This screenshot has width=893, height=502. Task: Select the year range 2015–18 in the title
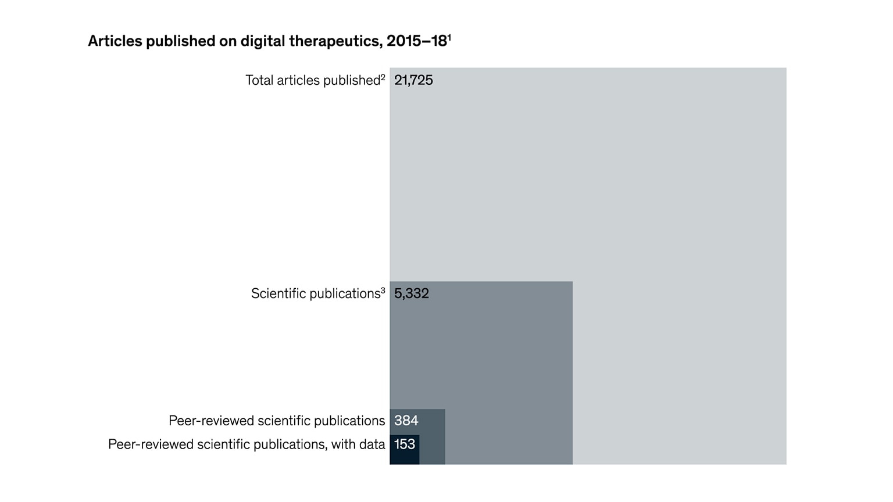coord(416,41)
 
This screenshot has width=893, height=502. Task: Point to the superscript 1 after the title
coord(449,37)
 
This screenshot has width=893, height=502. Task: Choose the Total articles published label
coord(313,80)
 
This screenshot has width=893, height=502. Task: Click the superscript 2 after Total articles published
coord(383,77)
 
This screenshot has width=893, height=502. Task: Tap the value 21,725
coord(413,80)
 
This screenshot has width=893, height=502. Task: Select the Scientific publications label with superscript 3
coord(317,293)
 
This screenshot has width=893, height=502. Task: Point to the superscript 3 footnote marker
coord(383,290)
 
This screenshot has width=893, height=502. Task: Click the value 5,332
coord(412,293)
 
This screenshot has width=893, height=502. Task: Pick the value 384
coord(406,420)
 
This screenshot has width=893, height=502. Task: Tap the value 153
coord(405,444)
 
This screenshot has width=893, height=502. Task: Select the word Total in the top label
coord(259,80)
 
